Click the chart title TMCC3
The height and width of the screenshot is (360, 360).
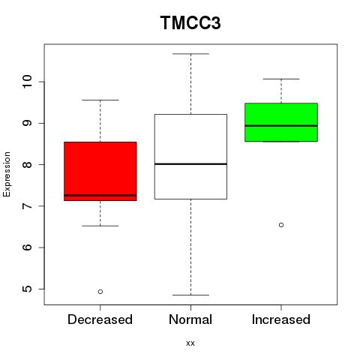(190, 22)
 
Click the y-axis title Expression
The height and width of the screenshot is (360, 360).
(7, 174)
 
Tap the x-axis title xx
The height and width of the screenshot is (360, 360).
(190, 343)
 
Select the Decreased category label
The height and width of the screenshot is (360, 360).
(100, 319)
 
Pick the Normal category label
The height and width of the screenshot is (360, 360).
(190, 319)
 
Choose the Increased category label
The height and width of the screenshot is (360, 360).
(281, 319)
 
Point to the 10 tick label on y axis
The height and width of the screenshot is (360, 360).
(27, 82)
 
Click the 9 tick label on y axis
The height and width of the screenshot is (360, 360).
(27, 123)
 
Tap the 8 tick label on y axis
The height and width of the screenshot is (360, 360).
(27, 164)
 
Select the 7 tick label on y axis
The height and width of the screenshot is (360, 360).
(27, 206)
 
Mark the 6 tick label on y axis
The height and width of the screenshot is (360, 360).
(27, 247)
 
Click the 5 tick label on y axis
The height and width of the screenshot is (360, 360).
(27, 289)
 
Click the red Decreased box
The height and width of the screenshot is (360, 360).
(100, 171)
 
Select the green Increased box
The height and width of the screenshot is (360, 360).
(281, 122)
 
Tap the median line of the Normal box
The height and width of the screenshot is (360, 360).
(190, 164)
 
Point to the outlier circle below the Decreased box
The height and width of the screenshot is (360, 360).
(100, 292)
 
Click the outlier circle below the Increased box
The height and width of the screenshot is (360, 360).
(281, 225)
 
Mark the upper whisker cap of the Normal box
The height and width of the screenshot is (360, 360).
(190, 54)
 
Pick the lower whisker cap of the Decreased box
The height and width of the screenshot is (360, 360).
(100, 226)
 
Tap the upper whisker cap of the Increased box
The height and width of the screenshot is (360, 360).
(281, 79)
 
